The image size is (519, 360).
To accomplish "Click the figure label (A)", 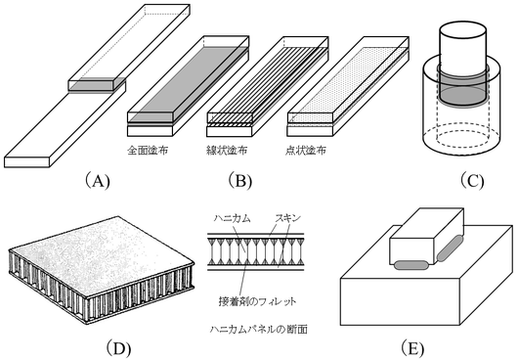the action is point(98,181).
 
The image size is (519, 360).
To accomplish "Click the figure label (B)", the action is point(239,181).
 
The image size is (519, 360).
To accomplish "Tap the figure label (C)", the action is point(472,181).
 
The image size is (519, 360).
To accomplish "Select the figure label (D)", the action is point(118,347).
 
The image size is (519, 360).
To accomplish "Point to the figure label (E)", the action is point(411,347).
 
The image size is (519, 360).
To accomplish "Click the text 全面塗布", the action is point(148,151).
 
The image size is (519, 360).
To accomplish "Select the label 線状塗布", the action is point(227,151).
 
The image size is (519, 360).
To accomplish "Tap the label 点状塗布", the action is point(306,151).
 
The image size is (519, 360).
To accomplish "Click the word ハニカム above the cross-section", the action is point(232,218).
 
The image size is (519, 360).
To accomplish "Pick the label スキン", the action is point(288,218).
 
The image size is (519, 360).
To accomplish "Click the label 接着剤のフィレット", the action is point(257,301).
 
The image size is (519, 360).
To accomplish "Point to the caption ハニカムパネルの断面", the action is point(258,330).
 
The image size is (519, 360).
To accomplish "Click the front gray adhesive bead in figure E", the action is point(411,264).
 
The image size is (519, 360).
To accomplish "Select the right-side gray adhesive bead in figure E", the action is point(451,247).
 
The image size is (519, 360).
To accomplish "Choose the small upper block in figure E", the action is point(427,237).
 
